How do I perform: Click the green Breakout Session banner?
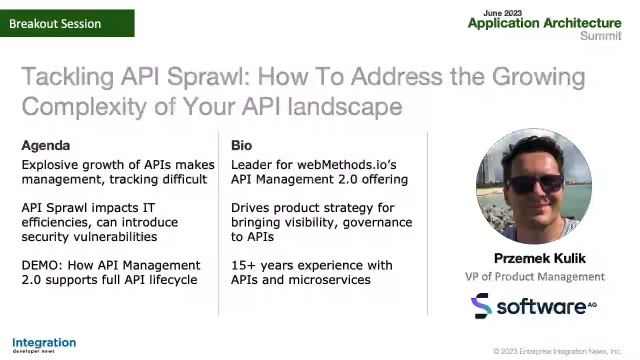[67, 23]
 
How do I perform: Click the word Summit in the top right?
[600, 35]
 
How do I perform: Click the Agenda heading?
[46, 145]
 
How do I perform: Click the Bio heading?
[241, 145]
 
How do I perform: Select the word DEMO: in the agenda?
[43, 265]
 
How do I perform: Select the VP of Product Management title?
[534, 276]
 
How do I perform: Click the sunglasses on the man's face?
[534, 183]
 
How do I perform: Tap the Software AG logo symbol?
[482, 306]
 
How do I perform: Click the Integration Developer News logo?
[44, 345]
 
